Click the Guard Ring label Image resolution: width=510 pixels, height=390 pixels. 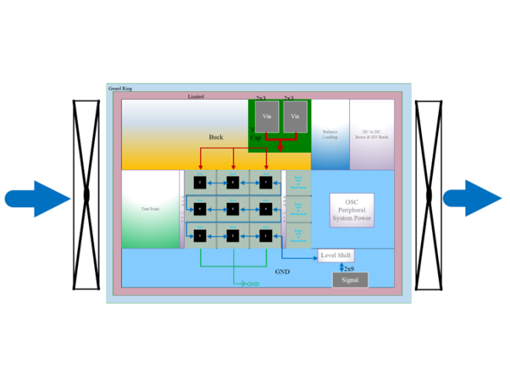[120, 89]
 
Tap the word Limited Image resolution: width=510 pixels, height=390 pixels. [196, 97]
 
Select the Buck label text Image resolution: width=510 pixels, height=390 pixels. [216, 137]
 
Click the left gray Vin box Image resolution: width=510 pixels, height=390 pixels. [267, 116]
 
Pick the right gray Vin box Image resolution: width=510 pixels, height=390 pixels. [293, 116]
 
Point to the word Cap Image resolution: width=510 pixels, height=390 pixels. [256, 138]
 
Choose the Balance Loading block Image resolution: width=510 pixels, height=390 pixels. [330, 134]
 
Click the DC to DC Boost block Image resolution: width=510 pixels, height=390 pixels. [372, 134]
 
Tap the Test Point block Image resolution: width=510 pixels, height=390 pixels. [151, 209]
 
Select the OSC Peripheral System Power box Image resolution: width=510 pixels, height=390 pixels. [352, 209]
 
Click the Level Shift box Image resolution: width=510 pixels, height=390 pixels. [336, 256]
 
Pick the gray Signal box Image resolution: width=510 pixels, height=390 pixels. [350, 280]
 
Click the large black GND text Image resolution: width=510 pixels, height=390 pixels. [283, 272]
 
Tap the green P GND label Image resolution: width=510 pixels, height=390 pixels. [251, 285]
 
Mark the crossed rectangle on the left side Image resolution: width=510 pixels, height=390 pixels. [87, 195]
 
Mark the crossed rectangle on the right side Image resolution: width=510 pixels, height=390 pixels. [429, 195]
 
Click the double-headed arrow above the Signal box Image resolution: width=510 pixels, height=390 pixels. [342, 267]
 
